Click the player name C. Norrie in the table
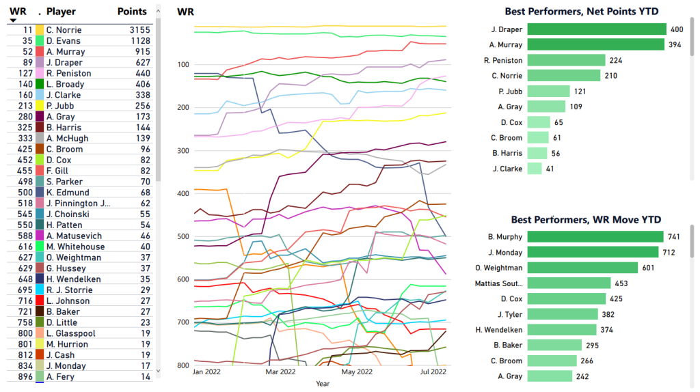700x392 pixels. pos(64,30)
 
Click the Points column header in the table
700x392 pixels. pos(132,12)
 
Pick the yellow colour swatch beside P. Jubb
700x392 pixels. pos(40,106)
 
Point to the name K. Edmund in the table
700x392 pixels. pos(67,193)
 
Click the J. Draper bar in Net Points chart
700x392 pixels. pos(587,29)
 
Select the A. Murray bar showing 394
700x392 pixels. pos(586,45)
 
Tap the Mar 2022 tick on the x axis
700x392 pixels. pos(281,372)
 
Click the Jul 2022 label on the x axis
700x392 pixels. pos(432,372)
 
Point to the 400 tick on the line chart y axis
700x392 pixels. pos(184,193)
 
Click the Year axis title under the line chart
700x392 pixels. pos(322,384)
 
